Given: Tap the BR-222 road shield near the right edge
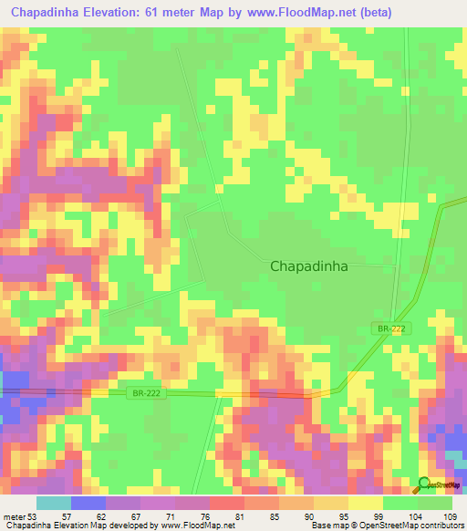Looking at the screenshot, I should click(390, 328).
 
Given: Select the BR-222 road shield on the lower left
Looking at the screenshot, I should click(141, 392).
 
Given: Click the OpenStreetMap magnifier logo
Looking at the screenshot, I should click(425, 485).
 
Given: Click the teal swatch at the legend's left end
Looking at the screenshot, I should click(54, 503).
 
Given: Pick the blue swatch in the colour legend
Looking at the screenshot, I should click(88, 503).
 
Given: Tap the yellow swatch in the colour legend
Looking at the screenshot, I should click(366, 503).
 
